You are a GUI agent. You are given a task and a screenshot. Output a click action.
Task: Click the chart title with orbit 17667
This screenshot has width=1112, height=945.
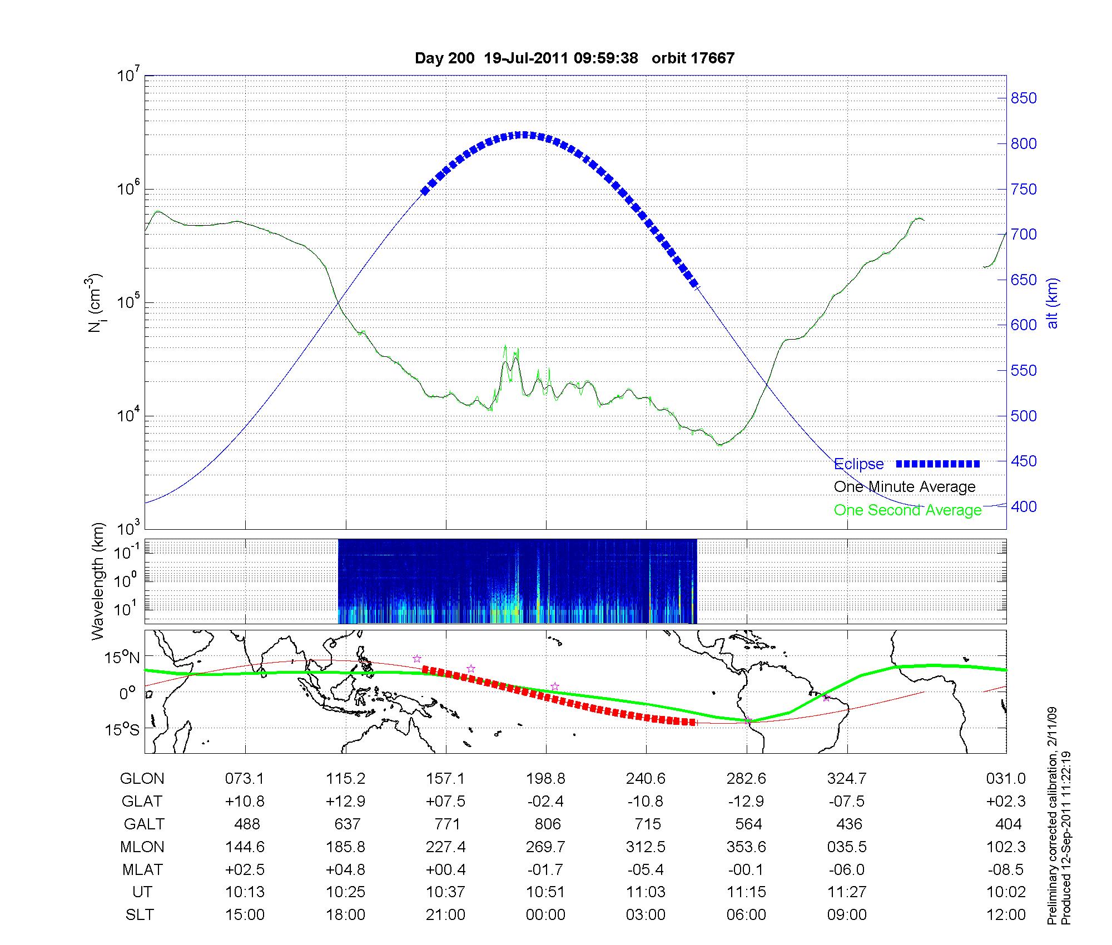click(x=574, y=58)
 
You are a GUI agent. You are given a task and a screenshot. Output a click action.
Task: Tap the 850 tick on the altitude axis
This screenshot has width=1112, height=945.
click(x=1023, y=98)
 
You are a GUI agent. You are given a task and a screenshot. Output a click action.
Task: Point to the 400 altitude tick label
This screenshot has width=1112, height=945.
click(x=1023, y=506)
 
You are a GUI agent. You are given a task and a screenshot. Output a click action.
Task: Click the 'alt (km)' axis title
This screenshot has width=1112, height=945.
click(x=1053, y=304)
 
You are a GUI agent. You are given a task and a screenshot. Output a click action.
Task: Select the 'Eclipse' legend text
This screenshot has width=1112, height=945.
click(x=858, y=464)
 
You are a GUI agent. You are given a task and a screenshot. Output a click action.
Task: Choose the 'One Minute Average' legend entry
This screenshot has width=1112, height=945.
click(x=905, y=487)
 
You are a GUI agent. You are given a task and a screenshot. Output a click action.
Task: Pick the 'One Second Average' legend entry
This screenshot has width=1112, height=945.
click(x=907, y=510)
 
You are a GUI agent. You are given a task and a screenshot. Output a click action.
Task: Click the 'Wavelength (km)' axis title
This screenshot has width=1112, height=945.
click(x=98, y=581)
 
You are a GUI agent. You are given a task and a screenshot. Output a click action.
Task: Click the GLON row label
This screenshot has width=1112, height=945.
click(x=142, y=779)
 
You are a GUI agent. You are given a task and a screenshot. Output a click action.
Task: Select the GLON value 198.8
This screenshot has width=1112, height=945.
click(x=545, y=779)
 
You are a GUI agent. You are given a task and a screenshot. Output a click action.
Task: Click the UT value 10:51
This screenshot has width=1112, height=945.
click(x=545, y=892)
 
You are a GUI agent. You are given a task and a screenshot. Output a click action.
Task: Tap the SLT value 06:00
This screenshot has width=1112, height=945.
click(x=746, y=915)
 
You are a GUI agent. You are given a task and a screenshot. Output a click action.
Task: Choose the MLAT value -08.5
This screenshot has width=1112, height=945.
click(x=1007, y=869)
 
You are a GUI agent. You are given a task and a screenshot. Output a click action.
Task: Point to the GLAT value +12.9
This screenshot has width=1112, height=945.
click(x=345, y=802)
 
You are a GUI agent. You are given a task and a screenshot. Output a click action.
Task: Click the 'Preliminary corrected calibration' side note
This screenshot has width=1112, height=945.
click(x=1052, y=823)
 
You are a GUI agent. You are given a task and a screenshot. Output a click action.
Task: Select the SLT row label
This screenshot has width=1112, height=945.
click(x=140, y=915)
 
